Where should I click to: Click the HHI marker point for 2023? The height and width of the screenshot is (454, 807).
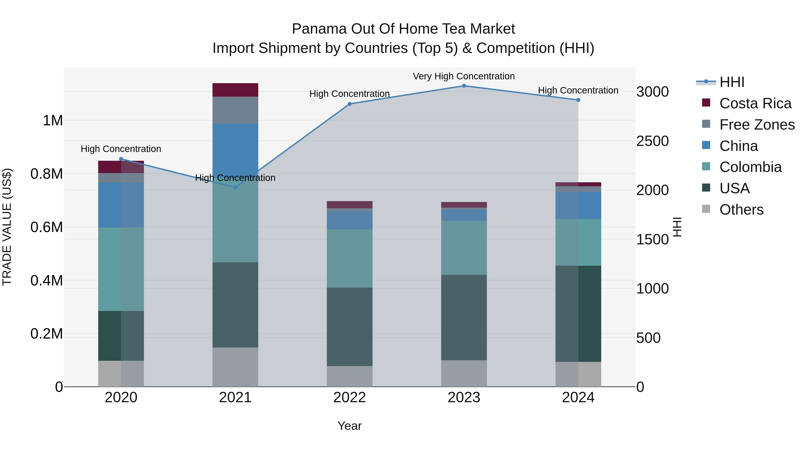click(x=464, y=86)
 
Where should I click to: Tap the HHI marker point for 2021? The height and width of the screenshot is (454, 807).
click(x=235, y=187)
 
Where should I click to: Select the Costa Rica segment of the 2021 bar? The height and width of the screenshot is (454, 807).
click(x=235, y=90)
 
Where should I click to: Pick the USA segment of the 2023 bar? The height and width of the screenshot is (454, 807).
click(x=464, y=317)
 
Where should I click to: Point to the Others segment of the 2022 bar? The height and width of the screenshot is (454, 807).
click(x=350, y=376)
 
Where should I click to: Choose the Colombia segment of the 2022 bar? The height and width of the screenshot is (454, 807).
click(x=350, y=258)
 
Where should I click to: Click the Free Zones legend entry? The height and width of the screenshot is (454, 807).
click(x=757, y=125)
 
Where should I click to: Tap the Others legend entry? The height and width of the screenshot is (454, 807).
click(x=741, y=210)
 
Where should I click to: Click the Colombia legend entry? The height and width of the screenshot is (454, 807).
click(x=750, y=167)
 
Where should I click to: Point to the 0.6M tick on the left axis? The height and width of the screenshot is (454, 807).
click(x=47, y=227)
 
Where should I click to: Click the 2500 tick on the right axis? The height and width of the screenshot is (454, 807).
click(x=652, y=141)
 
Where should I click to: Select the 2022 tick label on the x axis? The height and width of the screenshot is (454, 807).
click(x=350, y=398)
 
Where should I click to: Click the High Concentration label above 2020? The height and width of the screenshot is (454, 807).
click(x=121, y=149)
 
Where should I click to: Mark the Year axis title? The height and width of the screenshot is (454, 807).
click(x=350, y=426)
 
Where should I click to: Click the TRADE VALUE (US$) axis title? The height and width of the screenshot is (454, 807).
click(x=7, y=227)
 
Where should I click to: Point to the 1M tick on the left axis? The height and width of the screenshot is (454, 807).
click(x=53, y=121)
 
